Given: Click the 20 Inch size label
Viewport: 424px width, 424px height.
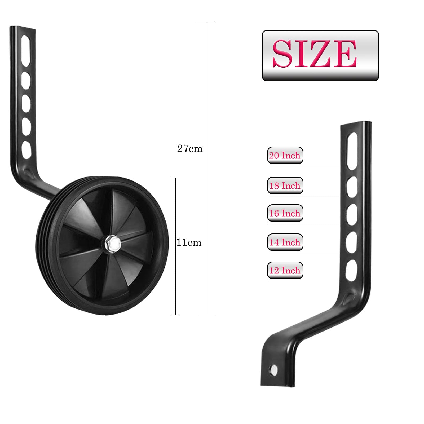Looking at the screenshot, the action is pyautogui.click(x=285, y=155).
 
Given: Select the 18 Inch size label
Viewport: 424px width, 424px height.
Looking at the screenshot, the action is pyautogui.click(x=285, y=185).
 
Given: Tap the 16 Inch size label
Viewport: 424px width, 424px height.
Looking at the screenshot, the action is pyautogui.click(x=285, y=213).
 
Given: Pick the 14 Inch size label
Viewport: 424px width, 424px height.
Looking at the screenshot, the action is pyautogui.click(x=285, y=242).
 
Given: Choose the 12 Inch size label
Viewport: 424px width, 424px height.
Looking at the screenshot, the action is pyautogui.click(x=285, y=270).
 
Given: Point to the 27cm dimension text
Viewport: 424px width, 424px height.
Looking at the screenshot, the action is pyautogui.click(x=190, y=149).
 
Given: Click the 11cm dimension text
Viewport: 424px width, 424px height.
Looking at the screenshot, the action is pyautogui.click(x=189, y=242).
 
